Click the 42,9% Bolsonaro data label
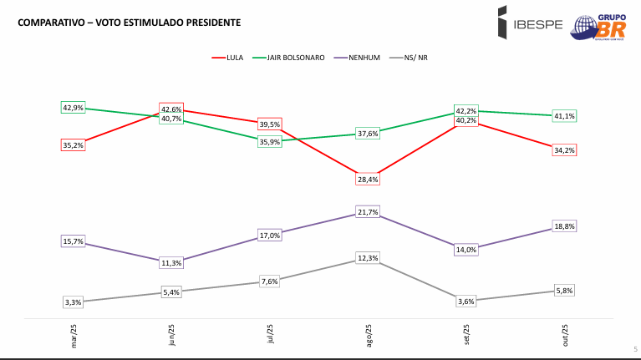coord(74,108)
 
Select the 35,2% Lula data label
coord(74,145)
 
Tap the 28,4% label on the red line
coord(368,179)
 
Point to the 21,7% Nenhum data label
coord(368,212)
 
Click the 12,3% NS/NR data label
coord(368,258)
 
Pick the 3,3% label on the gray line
coord(74,302)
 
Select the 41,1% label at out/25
coord(564,116)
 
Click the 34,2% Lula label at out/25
coord(564,150)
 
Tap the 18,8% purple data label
coord(564,226)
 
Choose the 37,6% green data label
coord(368,134)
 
